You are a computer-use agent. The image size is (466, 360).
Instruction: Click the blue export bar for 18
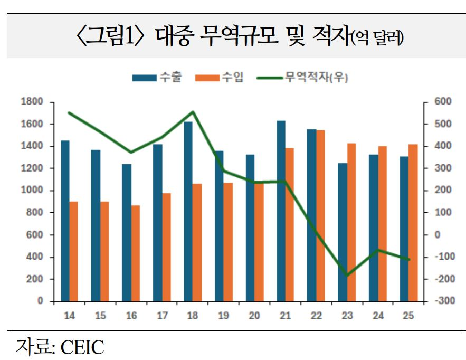point(188,211)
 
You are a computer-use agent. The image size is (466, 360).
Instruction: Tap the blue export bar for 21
point(281,211)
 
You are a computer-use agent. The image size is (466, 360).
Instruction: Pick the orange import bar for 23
point(351,222)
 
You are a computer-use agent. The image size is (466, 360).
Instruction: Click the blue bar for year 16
point(127,232)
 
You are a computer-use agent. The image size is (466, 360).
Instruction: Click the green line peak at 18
point(193,112)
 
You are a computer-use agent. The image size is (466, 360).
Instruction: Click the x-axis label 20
point(254,316)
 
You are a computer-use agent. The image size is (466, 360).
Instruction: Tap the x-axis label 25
point(408,316)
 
